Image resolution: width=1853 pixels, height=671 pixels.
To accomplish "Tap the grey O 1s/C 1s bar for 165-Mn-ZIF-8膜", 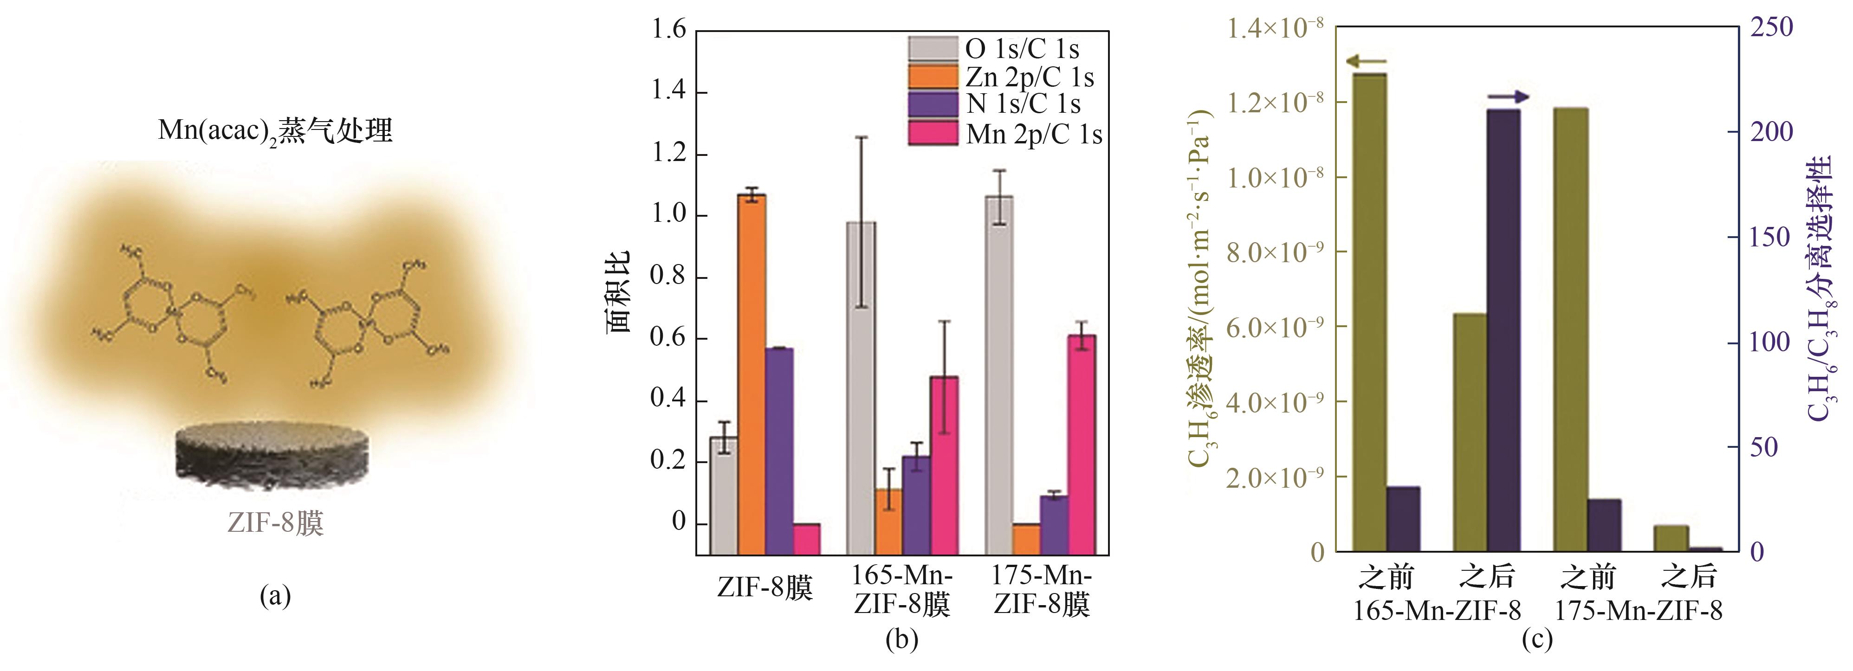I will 861,388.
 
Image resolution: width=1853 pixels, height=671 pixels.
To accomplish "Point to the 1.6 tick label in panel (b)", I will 668,30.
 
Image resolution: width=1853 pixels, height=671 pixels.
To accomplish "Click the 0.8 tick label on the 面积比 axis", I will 668,276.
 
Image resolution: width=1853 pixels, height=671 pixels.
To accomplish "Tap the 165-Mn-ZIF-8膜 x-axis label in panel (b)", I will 902,590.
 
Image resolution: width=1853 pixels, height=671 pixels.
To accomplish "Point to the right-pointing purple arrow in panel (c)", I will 1508,97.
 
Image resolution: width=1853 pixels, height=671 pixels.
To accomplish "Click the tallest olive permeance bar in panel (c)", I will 1370,312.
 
